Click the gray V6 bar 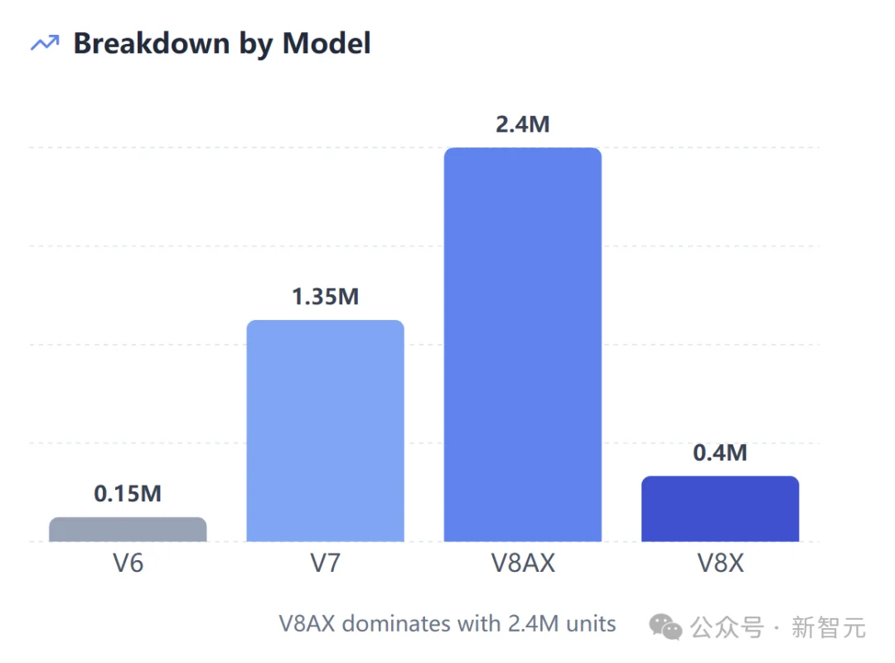(128, 530)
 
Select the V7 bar (325, 431)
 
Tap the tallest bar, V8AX (522, 345)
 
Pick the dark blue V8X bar (719, 509)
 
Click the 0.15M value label (128, 494)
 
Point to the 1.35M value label (325, 297)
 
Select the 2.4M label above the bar (522, 124)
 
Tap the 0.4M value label (719, 452)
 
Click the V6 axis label (128, 564)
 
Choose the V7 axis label (325, 564)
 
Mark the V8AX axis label (522, 564)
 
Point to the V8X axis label (719, 564)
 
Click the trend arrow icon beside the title (45, 43)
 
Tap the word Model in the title (327, 43)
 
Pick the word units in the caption (590, 623)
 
